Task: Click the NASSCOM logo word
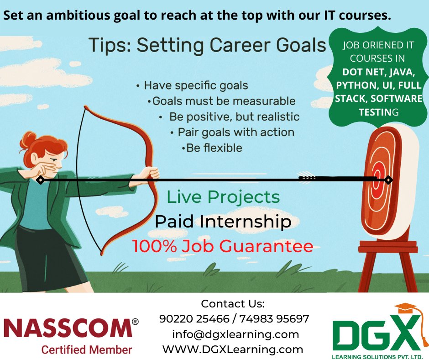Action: click(68, 328)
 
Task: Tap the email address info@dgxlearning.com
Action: click(235, 334)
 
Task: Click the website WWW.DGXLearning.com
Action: click(233, 349)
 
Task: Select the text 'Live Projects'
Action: click(223, 197)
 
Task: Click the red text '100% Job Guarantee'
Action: click(223, 246)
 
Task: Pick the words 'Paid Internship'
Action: click(223, 222)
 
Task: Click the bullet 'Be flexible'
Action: click(214, 148)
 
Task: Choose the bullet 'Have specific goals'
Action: click(195, 85)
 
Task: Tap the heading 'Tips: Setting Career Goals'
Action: click(208, 46)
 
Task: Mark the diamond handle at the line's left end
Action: click(40, 180)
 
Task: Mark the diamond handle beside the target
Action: click(388, 180)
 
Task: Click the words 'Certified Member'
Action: click(86, 349)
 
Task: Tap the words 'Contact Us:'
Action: click(233, 304)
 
